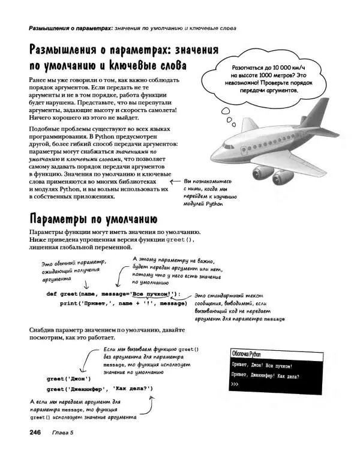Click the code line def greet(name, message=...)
(113, 294)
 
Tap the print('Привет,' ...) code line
(123, 303)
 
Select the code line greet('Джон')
(68, 379)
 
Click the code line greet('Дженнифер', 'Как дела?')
(100, 389)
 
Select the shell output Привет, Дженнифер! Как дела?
(265, 376)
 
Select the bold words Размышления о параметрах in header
(64, 28)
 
